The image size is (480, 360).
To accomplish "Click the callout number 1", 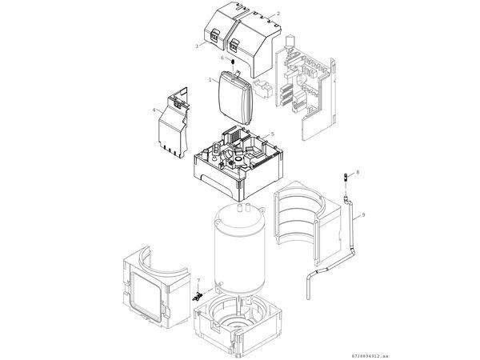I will click(210, 79).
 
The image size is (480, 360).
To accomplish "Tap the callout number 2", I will click(278, 14).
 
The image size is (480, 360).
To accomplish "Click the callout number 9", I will click(362, 214).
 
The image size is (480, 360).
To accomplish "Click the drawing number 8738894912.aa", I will click(441, 352).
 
